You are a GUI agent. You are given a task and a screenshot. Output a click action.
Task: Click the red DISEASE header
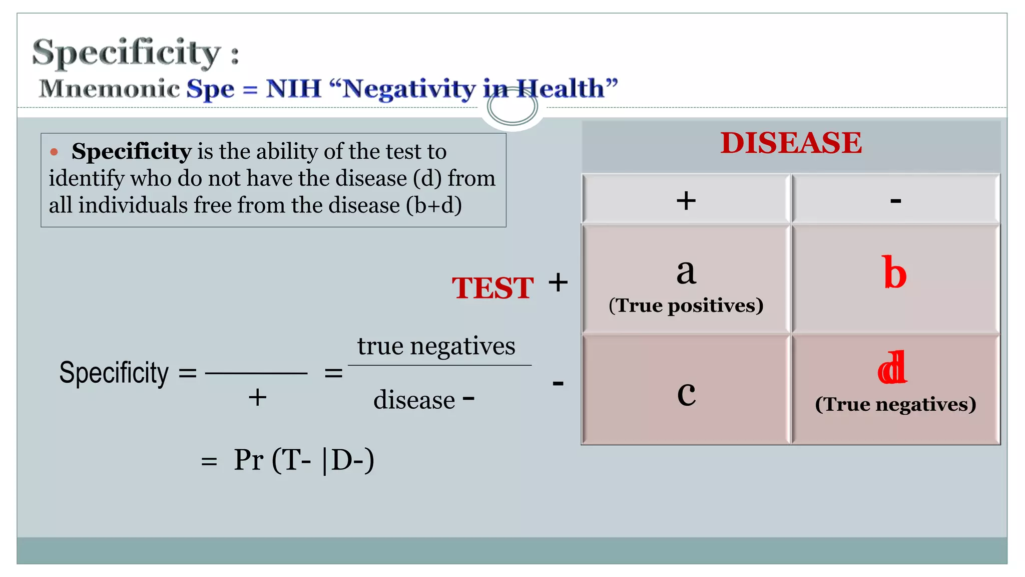(x=791, y=143)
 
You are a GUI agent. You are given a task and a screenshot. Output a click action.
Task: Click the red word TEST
(x=492, y=288)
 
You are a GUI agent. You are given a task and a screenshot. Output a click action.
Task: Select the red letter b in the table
(x=895, y=273)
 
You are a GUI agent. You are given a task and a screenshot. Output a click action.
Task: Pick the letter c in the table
(x=686, y=394)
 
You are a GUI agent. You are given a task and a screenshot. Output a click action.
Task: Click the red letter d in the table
(x=892, y=368)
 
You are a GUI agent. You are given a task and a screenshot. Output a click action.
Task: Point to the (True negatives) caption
(x=895, y=404)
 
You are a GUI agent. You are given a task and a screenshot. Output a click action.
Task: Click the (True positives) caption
(x=686, y=306)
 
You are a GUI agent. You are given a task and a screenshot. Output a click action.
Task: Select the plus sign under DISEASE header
(x=686, y=201)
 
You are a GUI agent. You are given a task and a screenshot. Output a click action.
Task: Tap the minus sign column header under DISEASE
(x=895, y=201)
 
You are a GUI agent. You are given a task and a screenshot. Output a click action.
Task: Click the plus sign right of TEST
(x=558, y=283)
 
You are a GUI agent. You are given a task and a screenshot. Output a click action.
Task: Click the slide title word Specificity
(x=126, y=52)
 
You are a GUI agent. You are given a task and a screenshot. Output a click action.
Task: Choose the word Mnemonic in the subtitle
(x=109, y=89)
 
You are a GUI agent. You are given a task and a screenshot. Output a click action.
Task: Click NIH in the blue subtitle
(x=293, y=89)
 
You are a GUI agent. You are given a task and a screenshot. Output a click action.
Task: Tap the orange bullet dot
(x=54, y=152)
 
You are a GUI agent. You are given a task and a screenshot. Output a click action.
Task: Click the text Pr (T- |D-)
(x=303, y=460)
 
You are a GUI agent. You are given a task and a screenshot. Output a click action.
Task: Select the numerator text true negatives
(x=436, y=346)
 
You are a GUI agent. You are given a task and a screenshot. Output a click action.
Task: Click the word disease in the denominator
(x=414, y=400)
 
